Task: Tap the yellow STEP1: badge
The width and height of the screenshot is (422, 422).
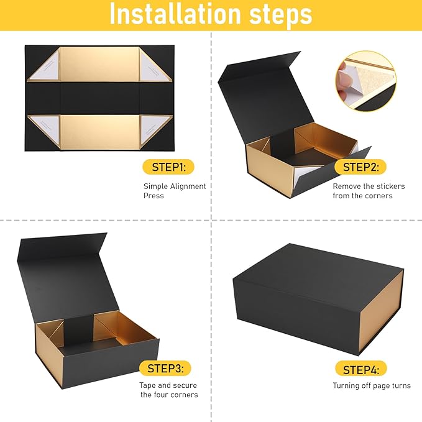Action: (168, 167)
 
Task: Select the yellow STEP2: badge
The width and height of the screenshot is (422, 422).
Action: (360, 167)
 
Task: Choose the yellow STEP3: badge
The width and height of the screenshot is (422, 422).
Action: (165, 368)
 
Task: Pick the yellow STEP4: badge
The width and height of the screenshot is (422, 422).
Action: (360, 369)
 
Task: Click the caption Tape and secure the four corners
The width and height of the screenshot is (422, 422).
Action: (168, 390)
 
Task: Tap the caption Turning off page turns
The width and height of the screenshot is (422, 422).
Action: (372, 385)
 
